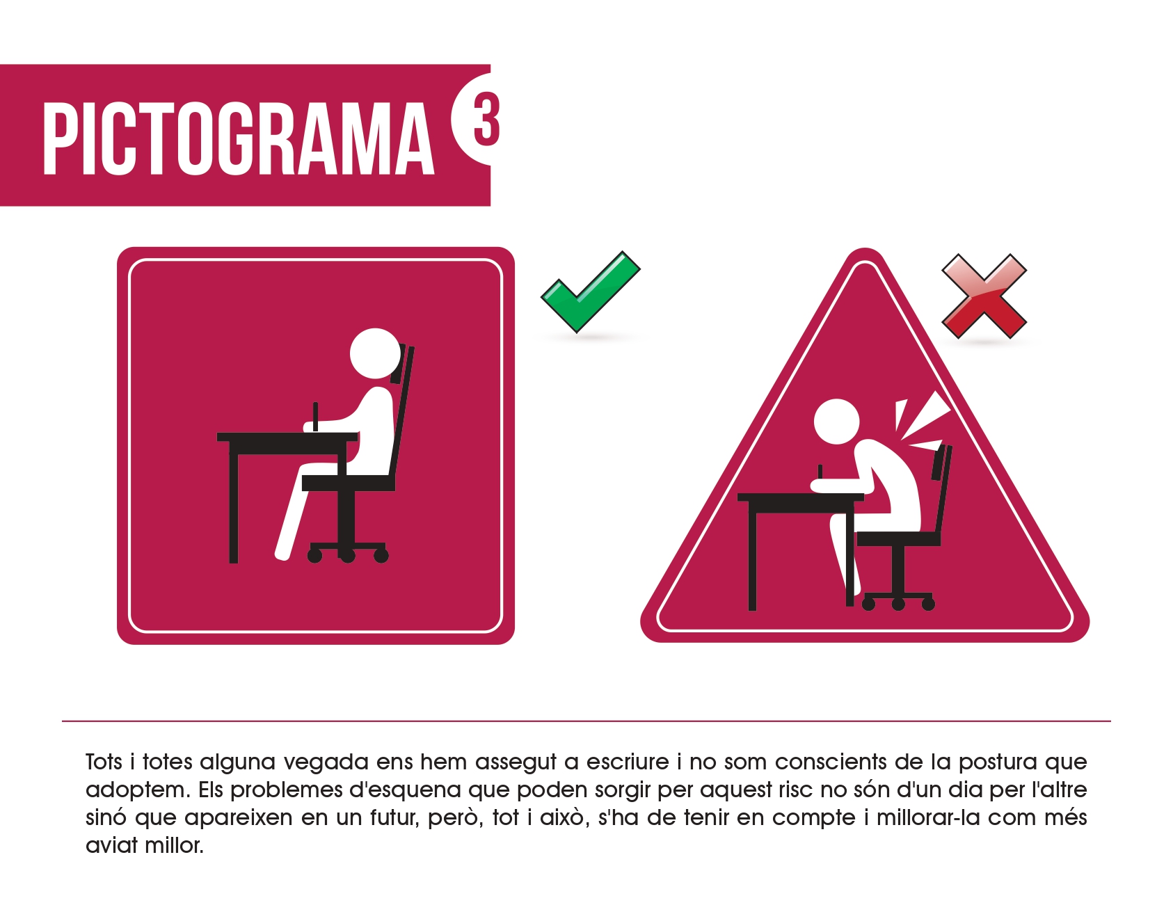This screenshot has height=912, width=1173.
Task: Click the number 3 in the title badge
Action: pos(486,119)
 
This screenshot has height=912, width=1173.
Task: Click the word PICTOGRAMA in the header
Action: pos(239,138)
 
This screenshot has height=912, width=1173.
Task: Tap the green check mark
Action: pos(590,291)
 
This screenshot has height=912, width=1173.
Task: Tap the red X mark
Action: pos(984,296)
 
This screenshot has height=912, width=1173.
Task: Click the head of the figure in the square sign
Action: pos(376,353)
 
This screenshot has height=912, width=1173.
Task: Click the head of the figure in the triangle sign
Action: pos(837,422)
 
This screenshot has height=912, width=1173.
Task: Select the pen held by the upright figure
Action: pos(315,416)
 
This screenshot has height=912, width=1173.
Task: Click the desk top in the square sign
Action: pos(287,437)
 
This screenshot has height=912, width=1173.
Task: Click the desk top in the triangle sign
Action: pos(801,497)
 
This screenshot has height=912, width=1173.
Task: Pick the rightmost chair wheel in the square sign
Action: pos(381,555)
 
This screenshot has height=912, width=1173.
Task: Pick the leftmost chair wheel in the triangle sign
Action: pos(868,604)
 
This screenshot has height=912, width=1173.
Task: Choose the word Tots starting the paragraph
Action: pos(104,762)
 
